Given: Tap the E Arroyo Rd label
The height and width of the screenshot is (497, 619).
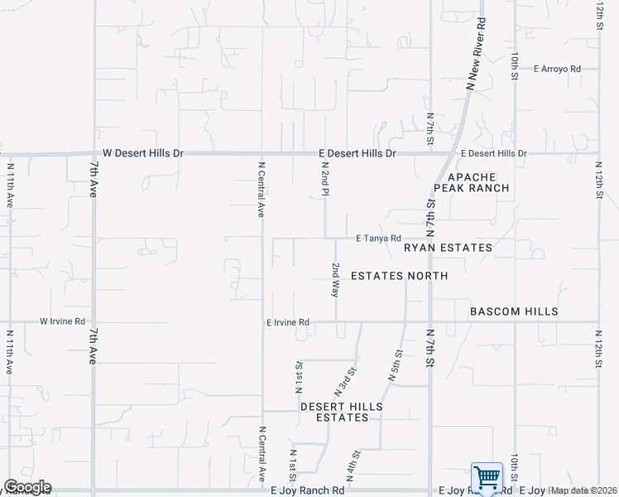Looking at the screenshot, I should click(x=557, y=69).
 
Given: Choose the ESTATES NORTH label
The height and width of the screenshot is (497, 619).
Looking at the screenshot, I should click(x=400, y=276).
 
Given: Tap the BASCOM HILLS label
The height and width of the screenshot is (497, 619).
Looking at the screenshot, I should click(x=514, y=311).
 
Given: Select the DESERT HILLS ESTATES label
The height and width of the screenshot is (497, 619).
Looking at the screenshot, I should click(x=342, y=412).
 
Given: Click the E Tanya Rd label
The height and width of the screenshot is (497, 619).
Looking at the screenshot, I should click(x=378, y=239).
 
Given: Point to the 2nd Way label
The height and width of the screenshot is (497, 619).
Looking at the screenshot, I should click(x=336, y=280).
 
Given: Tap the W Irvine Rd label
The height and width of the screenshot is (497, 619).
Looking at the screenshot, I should click(x=63, y=321).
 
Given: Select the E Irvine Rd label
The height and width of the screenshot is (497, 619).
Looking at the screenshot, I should click(x=287, y=322).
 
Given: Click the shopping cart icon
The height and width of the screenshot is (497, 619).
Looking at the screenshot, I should click(x=487, y=479).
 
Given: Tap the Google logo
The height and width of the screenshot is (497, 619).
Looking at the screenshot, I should click(x=27, y=487).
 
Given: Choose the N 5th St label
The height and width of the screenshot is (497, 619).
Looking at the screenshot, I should click(x=395, y=364).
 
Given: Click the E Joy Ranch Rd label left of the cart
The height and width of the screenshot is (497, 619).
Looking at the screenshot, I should click(x=310, y=490).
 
